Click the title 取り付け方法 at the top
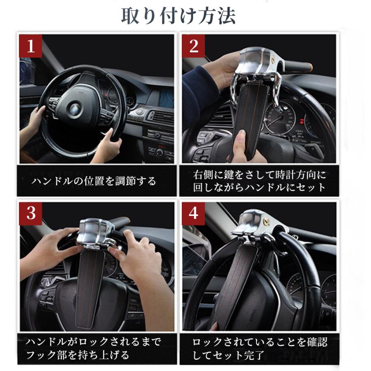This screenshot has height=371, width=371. (x=178, y=16)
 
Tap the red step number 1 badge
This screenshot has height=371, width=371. (x=31, y=47)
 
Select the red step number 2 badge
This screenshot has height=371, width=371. (x=193, y=47)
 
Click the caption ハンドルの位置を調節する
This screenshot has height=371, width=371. (x=94, y=181)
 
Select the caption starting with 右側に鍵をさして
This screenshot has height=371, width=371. (x=260, y=175)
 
